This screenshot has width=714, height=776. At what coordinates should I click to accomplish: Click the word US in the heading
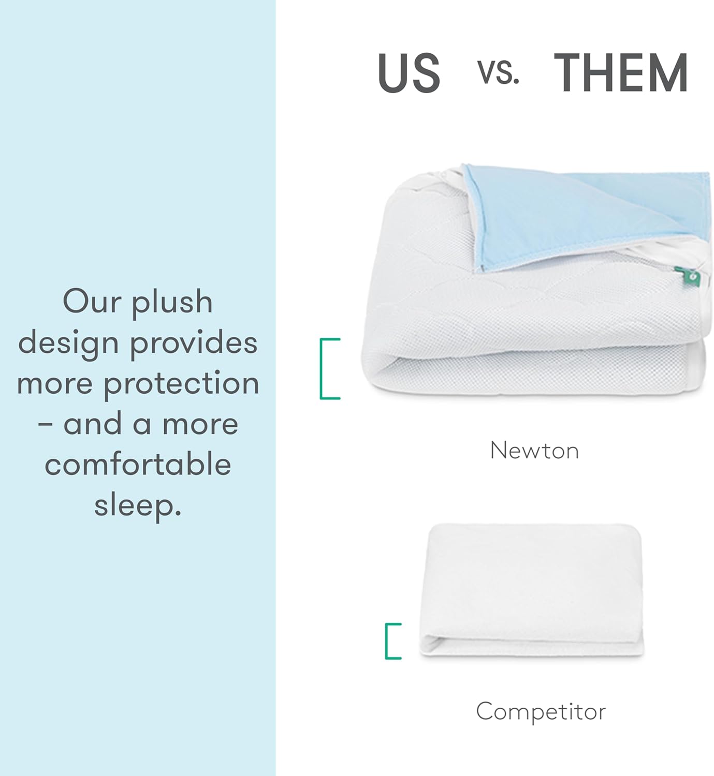click(409, 73)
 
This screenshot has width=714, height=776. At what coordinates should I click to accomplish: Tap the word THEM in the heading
click(621, 73)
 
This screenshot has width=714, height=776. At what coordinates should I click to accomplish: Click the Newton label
click(534, 451)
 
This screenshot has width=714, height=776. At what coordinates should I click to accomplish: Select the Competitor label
click(541, 711)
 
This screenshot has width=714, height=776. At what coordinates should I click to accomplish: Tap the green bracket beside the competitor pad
click(392, 641)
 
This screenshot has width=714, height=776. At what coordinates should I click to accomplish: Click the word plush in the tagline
click(172, 303)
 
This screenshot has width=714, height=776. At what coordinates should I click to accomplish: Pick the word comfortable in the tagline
click(138, 464)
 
